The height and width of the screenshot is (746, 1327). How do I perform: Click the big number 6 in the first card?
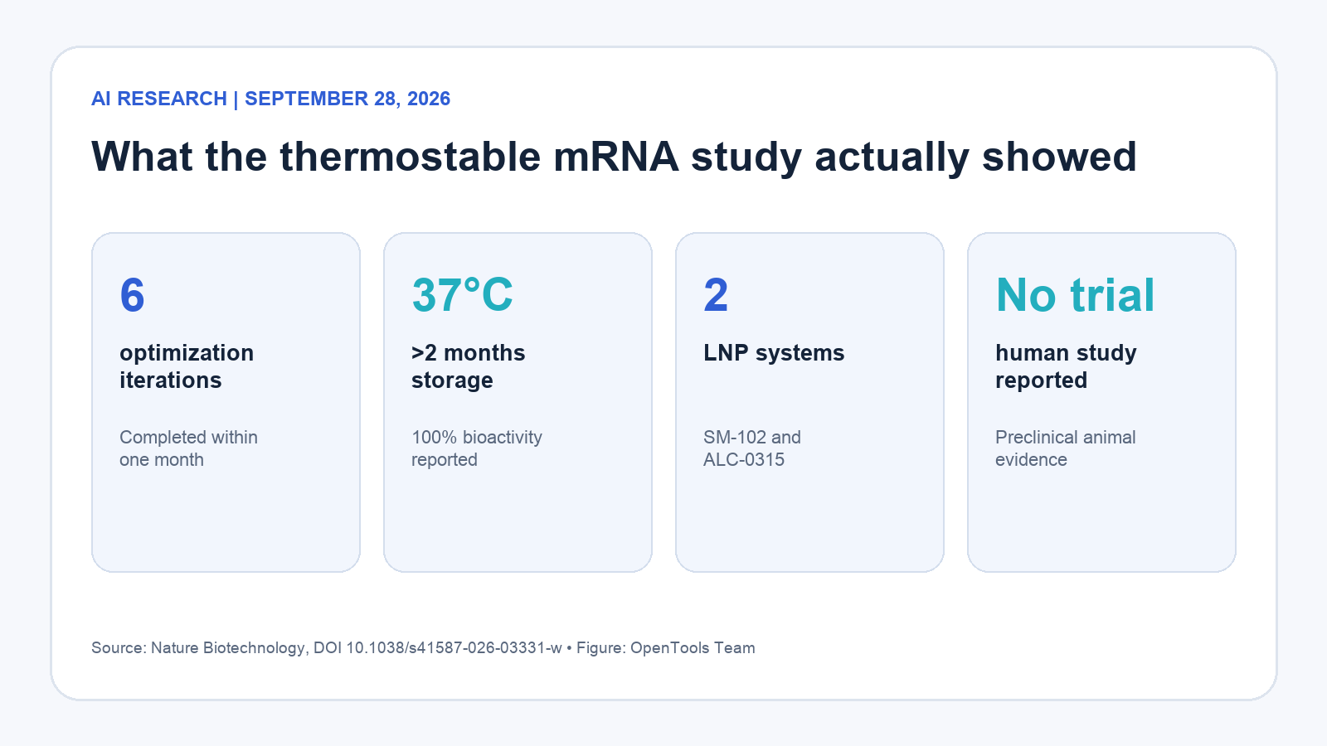click(132, 295)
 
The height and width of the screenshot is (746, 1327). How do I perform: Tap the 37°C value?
click(462, 295)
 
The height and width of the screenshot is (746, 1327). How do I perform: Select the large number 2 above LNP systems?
click(716, 295)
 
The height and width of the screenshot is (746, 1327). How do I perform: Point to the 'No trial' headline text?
click(1075, 295)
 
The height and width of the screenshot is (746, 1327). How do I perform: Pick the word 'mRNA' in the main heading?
click(616, 157)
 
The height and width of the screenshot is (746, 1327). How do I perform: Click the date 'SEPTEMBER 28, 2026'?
click(348, 99)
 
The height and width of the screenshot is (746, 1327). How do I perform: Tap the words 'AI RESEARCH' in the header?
click(158, 99)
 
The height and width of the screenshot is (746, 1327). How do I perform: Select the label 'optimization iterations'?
click(187, 366)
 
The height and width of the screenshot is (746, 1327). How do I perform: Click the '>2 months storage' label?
click(468, 366)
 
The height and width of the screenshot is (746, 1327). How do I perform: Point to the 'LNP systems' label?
click(774, 353)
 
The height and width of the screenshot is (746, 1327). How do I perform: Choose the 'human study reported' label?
click(1066, 366)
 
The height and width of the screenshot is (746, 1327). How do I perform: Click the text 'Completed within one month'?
click(188, 448)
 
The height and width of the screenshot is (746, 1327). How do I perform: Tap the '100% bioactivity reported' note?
click(477, 448)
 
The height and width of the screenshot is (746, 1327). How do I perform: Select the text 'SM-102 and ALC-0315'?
click(751, 448)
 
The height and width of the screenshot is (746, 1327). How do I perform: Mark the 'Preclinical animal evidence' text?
click(1065, 448)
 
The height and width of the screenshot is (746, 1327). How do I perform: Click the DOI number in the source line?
click(454, 647)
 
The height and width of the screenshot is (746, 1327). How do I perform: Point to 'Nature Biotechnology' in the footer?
click(227, 648)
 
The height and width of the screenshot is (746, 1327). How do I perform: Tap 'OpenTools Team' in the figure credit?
click(693, 648)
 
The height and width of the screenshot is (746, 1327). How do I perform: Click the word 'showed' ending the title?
click(1059, 157)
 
